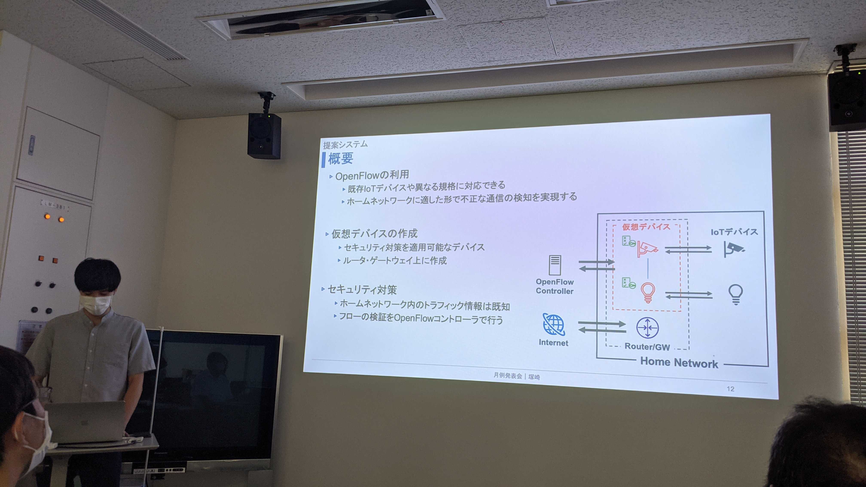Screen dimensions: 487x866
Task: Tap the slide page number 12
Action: pyautogui.click(x=730, y=389)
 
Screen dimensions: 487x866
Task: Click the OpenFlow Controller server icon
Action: pyautogui.click(x=555, y=265)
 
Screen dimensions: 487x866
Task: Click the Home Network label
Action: pyautogui.click(x=679, y=363)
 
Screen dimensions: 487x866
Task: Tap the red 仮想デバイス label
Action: pyautogui.click(x=646, y=227)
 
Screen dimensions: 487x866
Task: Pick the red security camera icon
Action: pyautogui.click(x=647, y=249)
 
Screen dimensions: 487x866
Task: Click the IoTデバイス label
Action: pyautogui.click(x=734, y=232)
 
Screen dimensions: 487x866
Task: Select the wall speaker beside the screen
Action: pyautogui.click(x=264, y=136)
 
